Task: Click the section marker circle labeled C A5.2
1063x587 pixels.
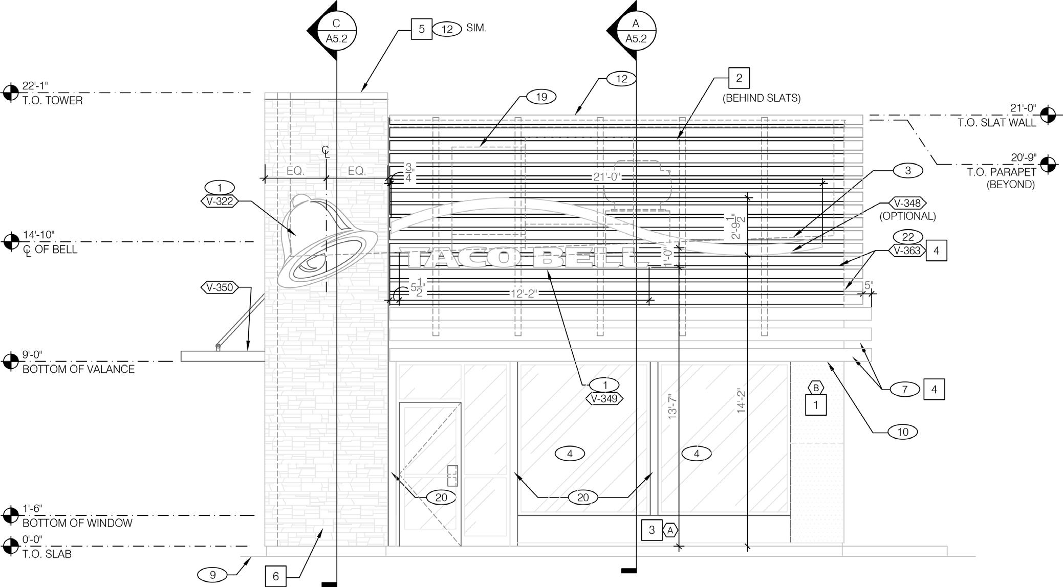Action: click(336, 31)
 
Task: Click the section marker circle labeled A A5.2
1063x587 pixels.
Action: click(636, 31)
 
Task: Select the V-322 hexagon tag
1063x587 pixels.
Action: click(220, 201)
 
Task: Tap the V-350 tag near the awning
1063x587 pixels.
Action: click(220, 287)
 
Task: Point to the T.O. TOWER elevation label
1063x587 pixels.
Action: click(52, 101)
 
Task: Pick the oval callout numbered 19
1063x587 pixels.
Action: click(541, 97)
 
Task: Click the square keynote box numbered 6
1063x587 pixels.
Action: click(275, 576)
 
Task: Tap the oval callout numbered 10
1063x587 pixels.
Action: click(902, 432)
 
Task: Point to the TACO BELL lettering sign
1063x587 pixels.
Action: click(522, 258)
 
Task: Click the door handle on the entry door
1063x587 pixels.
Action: click(452, 476)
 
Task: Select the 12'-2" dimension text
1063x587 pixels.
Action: click(524, 293)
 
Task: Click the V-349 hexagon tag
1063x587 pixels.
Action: click(604, 398)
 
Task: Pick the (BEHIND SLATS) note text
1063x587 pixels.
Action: click(762, 98)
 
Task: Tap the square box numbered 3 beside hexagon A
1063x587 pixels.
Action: click(652, 530)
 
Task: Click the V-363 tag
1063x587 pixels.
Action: click(907, 251)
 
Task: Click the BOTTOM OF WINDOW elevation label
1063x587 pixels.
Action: click(77, 523)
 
